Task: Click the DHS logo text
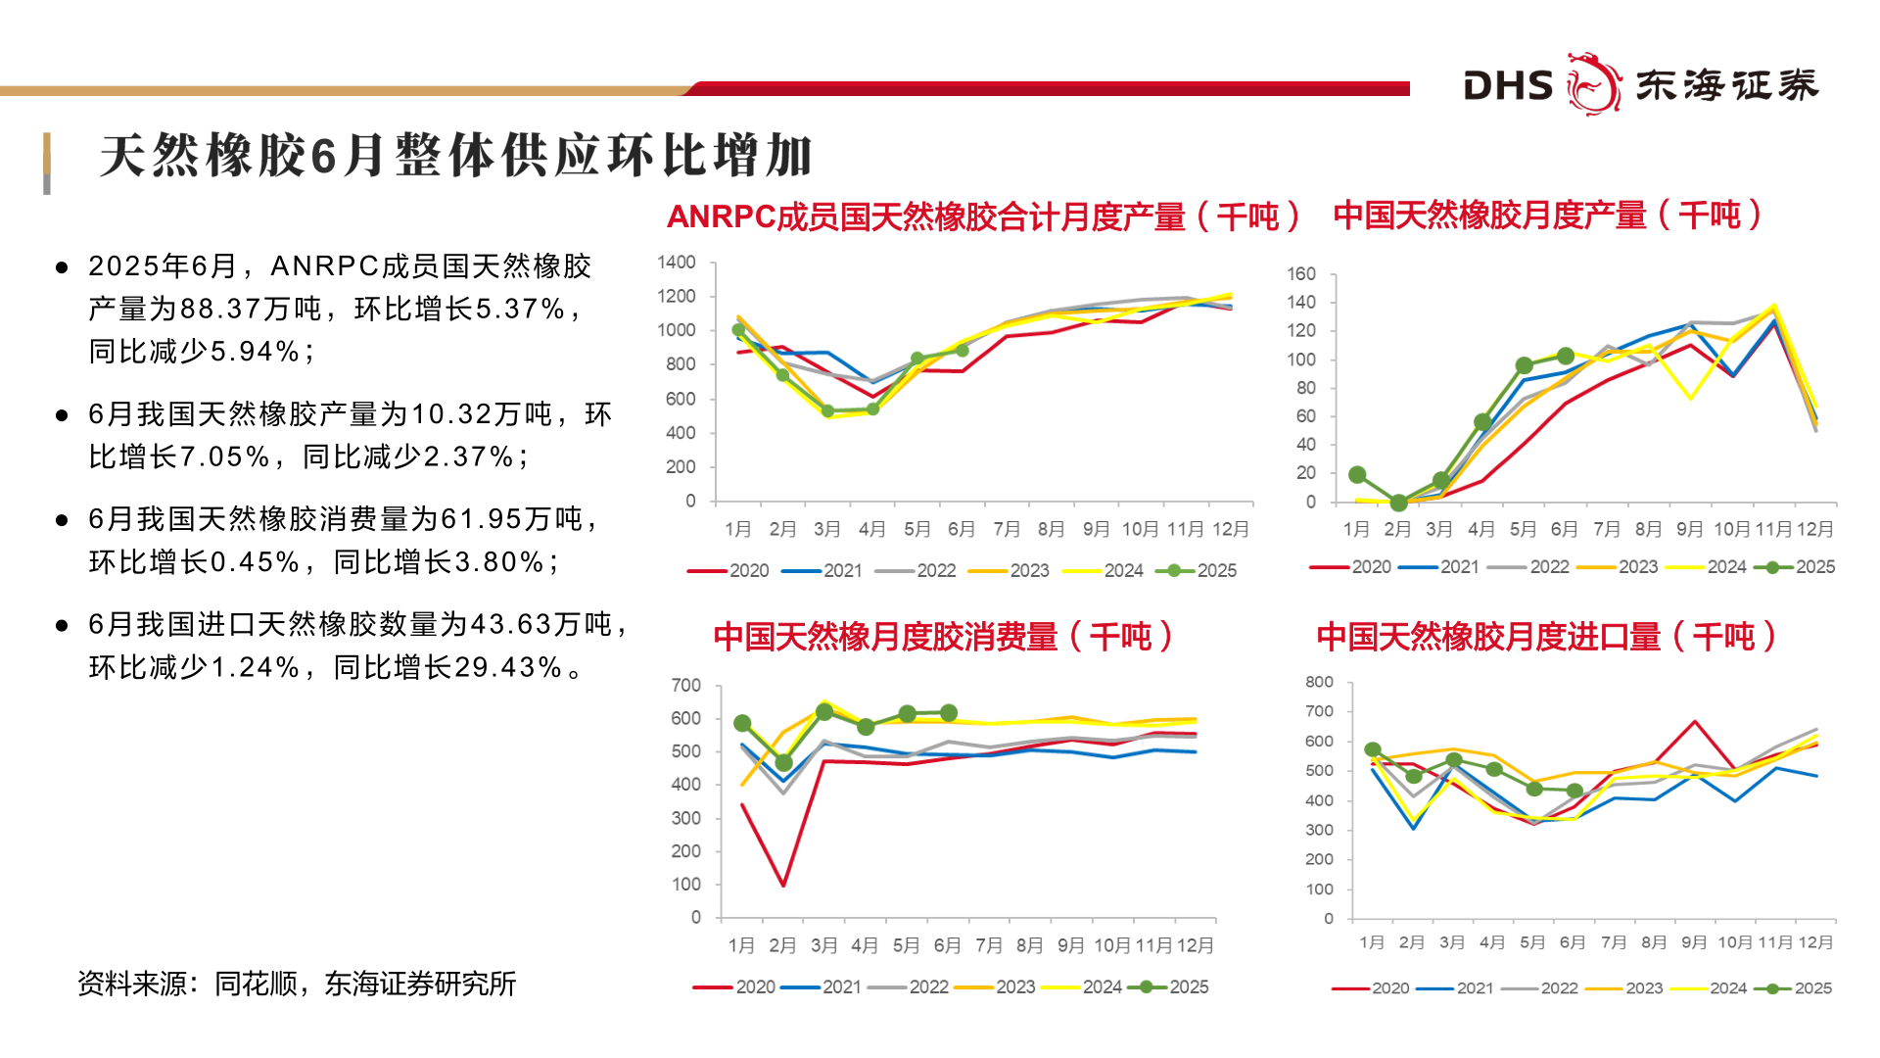coord(1508,86)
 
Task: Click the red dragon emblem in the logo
coord(1593,84)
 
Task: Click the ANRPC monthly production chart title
coord(983,216)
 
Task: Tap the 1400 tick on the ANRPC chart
coord(677,263)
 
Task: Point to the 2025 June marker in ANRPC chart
coord(962,350)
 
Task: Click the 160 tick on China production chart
coord(1301,273)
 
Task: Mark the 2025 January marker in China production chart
coord(1357,475)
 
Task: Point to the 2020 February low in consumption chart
coord(783,885)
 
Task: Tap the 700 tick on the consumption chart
coord(685,685)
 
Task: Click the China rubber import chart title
coord(1546,637)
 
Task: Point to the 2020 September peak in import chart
coord(1695,722)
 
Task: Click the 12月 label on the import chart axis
coord(1816,942)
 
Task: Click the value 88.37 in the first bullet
coord(221,309)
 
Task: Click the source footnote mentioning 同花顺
coord(297,984)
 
